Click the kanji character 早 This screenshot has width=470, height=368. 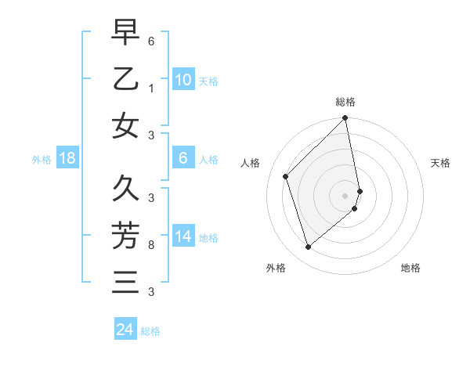point(125,33)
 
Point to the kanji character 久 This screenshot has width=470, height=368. point(125,189)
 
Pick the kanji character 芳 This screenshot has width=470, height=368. point(125,235)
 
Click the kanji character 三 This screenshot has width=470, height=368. point(125,281)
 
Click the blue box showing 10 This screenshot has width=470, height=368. point(183,80)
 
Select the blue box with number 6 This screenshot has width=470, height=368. point(183,159)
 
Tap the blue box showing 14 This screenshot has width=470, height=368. point(183,237)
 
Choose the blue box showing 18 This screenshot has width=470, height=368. point(67,159)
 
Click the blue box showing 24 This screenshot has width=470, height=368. point(125,330)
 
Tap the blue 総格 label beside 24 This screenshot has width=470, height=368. point(150,331)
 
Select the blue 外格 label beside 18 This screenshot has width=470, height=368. point(42,160)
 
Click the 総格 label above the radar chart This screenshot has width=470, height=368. point(345,102)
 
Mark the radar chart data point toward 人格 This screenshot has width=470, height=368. point(286,176)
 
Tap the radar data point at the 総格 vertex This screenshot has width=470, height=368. point(345,119)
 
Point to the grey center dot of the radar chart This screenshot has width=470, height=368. point(345,195)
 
